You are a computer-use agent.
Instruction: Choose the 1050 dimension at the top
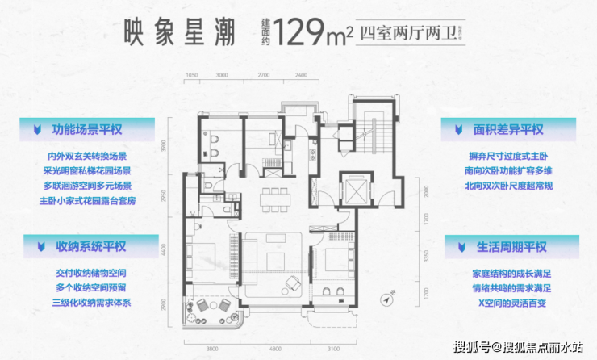pyautogui.click(x=191, y=74)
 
